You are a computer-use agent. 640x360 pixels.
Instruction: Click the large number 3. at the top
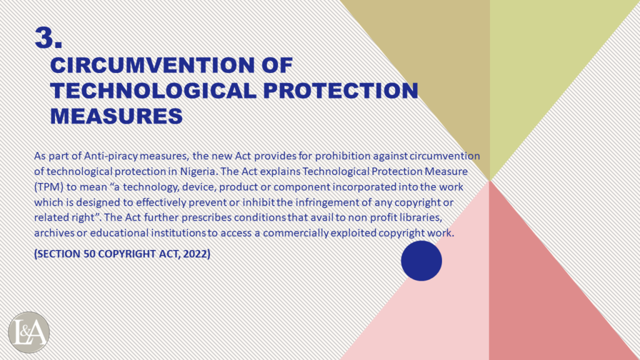pyautogui.click(x=49, y=38)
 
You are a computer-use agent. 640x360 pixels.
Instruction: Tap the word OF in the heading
pyautogui.click(x=277, y=65)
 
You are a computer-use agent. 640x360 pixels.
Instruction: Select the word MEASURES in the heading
pyautogui.click(x=116, y=116)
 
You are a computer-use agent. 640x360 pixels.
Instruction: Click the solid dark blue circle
pyautogui.click(x=421, y=261)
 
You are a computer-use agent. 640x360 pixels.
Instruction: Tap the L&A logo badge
pyautogui.click(x=29, y=332)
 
